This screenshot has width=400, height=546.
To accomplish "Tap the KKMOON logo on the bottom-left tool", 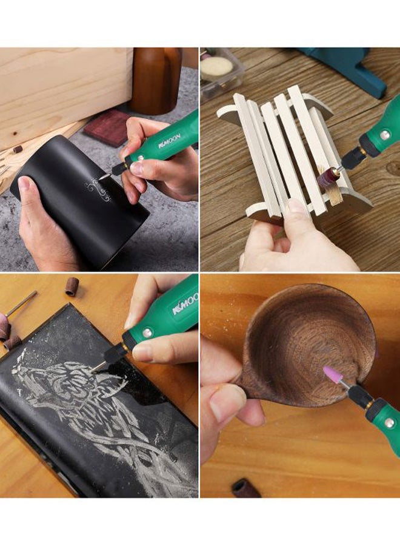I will (185, 304).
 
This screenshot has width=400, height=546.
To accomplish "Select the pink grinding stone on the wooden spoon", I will (333, 374).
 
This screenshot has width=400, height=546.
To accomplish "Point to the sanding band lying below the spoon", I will (246, 488).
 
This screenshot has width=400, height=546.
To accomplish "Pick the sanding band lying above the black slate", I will (72, 286).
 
